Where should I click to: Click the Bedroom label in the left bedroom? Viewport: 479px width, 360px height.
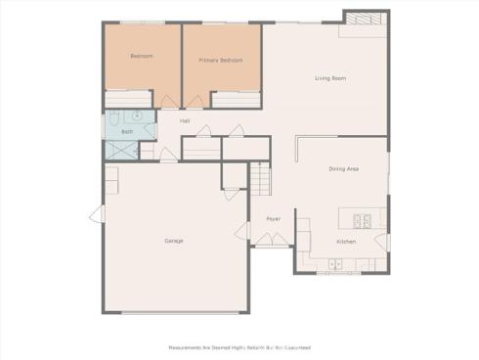click(143, 56)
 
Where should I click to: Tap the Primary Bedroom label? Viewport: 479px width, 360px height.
click(220, 61)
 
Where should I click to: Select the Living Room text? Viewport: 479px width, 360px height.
click(329, 78)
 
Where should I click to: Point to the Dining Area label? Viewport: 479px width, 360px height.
click(343, 169)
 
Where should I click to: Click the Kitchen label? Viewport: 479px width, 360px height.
click(346, 241)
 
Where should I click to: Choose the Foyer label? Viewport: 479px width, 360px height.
click(273, 218)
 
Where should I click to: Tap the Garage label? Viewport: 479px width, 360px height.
click(174, 241)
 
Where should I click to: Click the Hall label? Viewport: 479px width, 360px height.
click(184, 120)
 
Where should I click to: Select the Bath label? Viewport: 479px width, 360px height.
click(127, 131)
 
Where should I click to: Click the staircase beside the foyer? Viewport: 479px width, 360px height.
click(259, 179)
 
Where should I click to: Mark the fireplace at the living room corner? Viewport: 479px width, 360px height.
click(358, 21)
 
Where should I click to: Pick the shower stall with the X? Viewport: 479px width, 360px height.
click(122, 150)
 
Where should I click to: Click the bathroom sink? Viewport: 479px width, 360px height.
click(139, 115)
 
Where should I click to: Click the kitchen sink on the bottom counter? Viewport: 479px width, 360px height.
click(335, 263)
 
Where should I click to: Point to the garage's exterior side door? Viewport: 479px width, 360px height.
click(96, 215)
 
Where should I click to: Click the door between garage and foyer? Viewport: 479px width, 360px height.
click(242, 232)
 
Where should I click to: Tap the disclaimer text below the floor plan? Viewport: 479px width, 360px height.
click(239, 346)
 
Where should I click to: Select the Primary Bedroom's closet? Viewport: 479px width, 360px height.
click(235, 99)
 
